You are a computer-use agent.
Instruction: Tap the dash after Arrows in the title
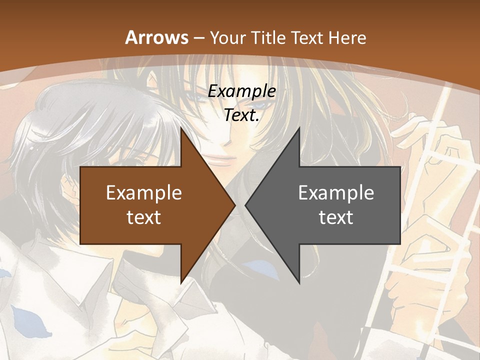(199, 38)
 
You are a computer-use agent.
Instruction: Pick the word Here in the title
(347, 38)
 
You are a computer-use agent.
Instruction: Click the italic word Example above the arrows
(242, 91)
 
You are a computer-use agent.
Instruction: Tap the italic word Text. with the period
(242, 115)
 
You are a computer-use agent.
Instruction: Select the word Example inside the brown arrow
(144, 193)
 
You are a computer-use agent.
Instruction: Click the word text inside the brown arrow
(144, 217)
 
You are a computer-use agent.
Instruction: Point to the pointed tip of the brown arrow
(235, 205)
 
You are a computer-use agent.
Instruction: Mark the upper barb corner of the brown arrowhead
(181, 127)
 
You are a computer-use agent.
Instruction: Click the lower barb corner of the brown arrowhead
(181, 283)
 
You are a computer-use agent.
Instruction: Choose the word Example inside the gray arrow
(336, 193)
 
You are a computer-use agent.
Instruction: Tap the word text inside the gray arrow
(336, 217)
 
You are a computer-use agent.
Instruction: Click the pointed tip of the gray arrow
(245, 205)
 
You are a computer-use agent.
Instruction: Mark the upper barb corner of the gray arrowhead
(299, 127)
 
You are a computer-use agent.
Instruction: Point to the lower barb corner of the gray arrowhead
(299, 283)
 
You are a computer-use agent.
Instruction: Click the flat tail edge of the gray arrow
(400, 205)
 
